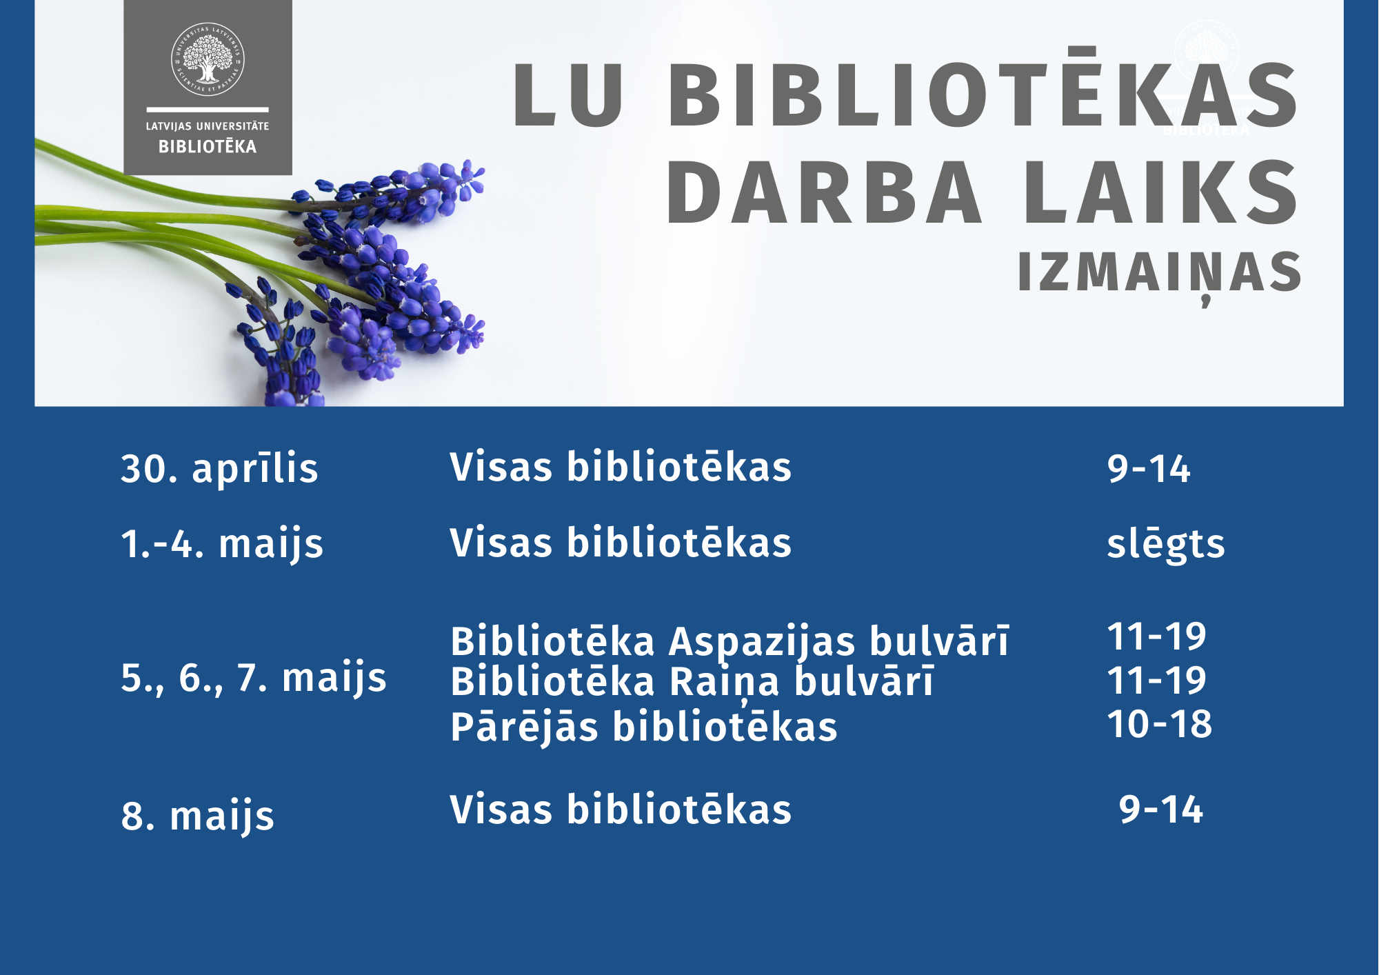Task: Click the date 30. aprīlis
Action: pos(219,468)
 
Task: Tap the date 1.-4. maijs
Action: pos(222,544)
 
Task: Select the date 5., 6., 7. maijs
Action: pos(254,678)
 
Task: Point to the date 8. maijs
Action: pos(197,816)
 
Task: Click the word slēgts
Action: pos(1166,544)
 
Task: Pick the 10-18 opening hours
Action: pos(1160,724)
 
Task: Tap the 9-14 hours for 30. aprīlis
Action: pos(1149,469)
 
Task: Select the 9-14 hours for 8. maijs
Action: pos(1161,810)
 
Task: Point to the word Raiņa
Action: pos(725,683)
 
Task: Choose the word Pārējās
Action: pos(524,727)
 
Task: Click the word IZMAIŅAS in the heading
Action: pos(1159,273)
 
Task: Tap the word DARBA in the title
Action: pos(823,192)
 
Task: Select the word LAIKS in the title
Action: pos(1161,192)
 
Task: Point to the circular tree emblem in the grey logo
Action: pos(208,59)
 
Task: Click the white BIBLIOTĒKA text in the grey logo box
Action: pos(208,145)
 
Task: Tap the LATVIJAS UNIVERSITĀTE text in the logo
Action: pos(208,126)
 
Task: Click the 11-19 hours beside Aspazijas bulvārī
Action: pos(1156,636)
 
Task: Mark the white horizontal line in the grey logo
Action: pos(208,109)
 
